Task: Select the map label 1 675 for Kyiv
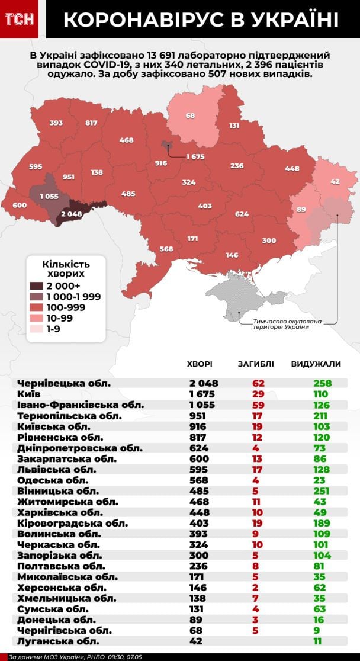pyautogui.click(x=195, y=156)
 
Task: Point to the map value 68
pyautogui.click(x=191, y=115)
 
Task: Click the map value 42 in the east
pyautogui.click(x=335, y=182)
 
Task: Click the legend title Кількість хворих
pyautogui.click(x=66, y=269)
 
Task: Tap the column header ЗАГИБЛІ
pyautogui.click(x=255, y=364)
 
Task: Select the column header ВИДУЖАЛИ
pyautogui.click(x=316, y=364)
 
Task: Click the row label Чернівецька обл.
pyautogui.click(x=65, y=383)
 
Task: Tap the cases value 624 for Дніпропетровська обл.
pyautogui.click(x=199, y=448)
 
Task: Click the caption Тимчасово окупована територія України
pyautogui.click(x=288, y=325)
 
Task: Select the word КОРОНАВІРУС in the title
pyautogui.click(x=140, y=20)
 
